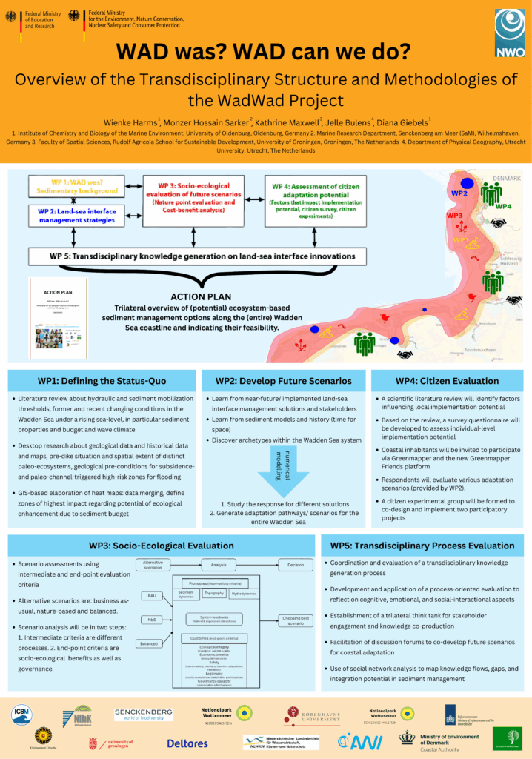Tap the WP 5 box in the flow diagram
pos(192,256)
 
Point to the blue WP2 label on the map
pos(459,193)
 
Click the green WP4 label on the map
pos(504,207)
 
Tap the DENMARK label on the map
pos(507,179)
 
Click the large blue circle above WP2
pos(466,182)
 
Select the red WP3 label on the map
pos(455,215)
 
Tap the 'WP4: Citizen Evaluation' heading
pos(447,381)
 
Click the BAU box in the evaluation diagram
pos(151,595)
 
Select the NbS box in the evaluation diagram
pos(151,620)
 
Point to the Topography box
pos(213,593)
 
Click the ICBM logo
pos(22,715)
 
